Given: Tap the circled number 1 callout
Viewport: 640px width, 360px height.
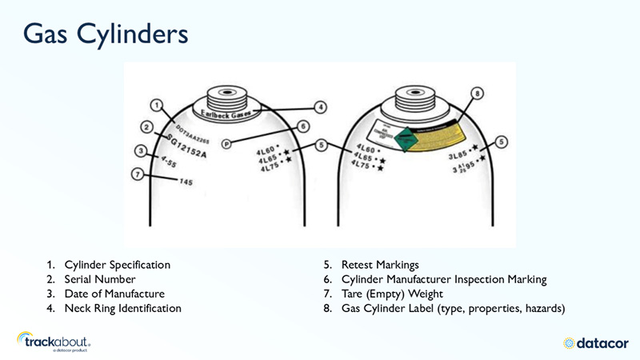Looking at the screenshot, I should tap(157, 106).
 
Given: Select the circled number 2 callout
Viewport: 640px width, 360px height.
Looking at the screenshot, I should tap(146, 126).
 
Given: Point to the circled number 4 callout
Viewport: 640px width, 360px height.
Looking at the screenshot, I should tap(320, 106).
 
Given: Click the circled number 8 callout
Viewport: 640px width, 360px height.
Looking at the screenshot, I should tap(478, 94).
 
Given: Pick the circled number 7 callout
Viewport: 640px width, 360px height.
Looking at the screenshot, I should tap(138, 173).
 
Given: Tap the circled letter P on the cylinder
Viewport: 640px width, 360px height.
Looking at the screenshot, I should tap(226, 144).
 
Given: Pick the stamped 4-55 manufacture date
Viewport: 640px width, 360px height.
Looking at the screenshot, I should tap(169, 162).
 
